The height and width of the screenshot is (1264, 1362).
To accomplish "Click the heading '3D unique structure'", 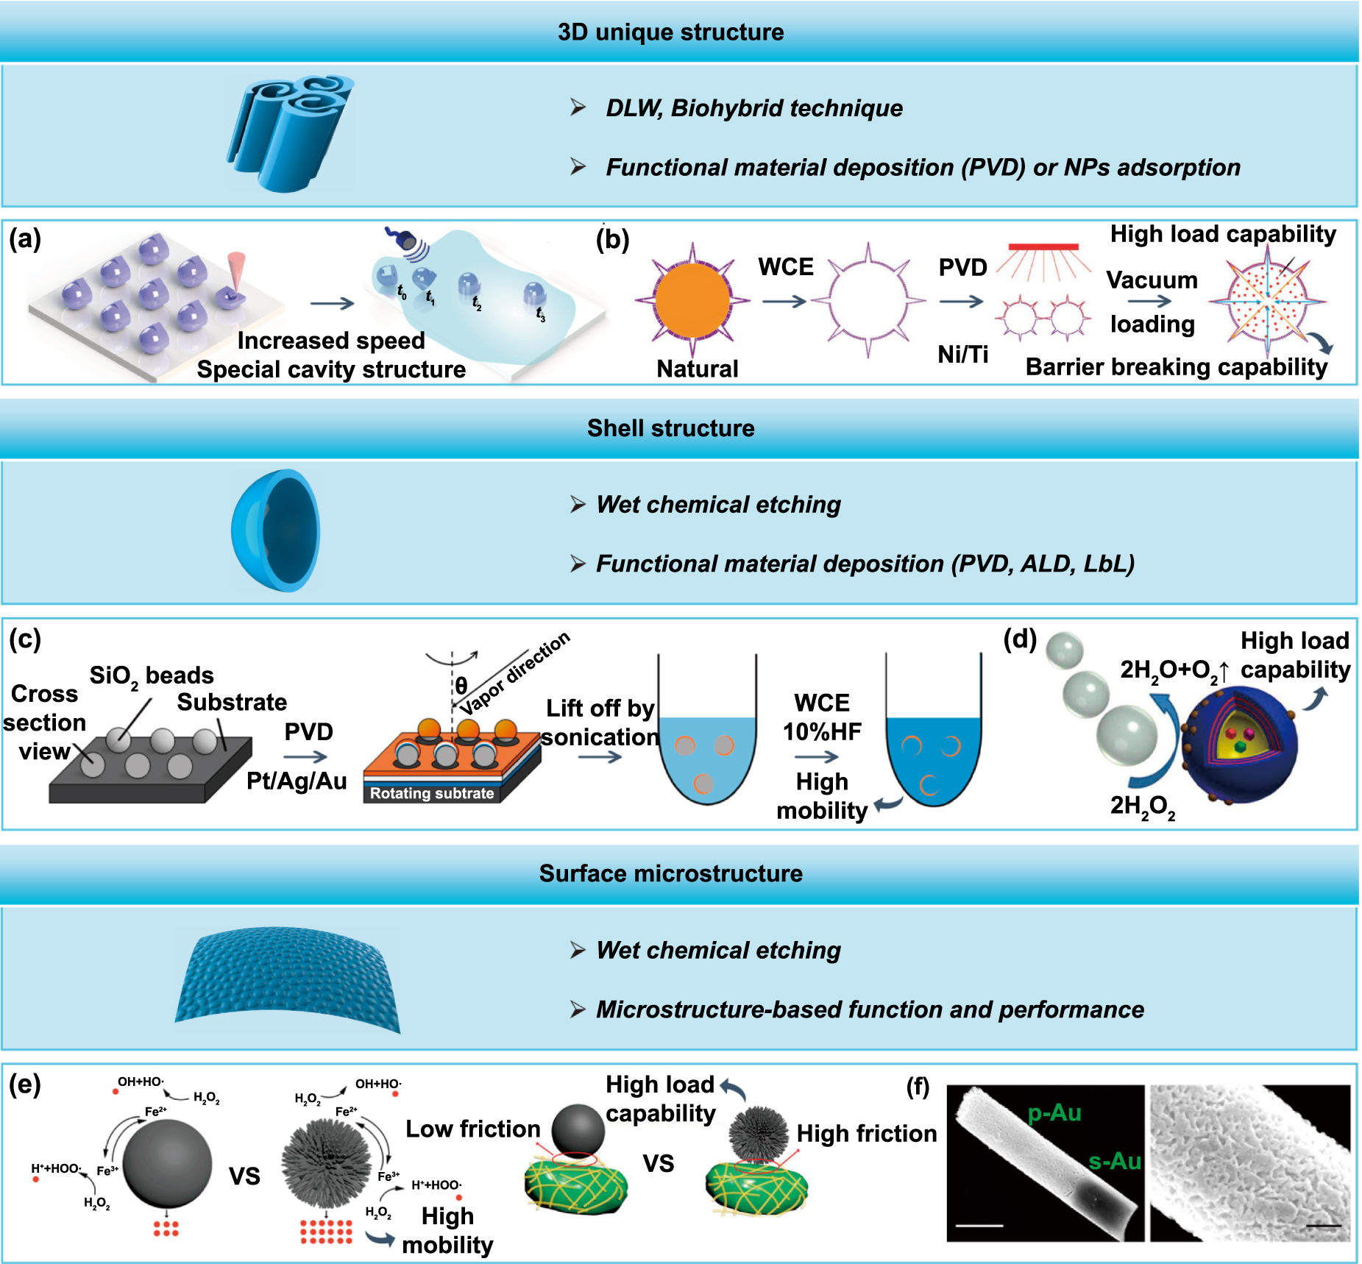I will (x=670, y=32).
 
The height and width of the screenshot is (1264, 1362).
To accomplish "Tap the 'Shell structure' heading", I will (x=670, y=428).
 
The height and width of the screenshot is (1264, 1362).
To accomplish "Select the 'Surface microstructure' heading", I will (x=670, y=873).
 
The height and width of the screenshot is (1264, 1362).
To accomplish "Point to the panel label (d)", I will (x=1020, y=639).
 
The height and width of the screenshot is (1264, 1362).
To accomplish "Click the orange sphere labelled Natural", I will (x=692, y=300).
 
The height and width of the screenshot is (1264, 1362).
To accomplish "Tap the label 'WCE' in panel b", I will (x=786, y=266).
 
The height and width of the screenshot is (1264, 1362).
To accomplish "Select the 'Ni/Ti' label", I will (x=962, y=355).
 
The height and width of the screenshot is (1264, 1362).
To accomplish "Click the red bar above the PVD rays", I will (x=1043, y=247).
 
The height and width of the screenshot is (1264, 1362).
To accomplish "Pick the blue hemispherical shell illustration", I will (x=276, y=530).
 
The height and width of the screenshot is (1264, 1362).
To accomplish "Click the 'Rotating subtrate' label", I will (x=432, y=793).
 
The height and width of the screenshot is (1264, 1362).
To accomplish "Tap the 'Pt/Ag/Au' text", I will (x=297, y=781).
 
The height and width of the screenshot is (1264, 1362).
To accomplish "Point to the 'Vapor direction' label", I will (x=515, y=673).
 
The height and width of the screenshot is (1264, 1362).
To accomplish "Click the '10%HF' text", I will (x=822, y=731).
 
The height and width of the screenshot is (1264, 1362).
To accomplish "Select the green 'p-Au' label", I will (x=1054, y=1112).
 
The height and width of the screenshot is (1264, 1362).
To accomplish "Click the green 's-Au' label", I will (x=1115, y=1161).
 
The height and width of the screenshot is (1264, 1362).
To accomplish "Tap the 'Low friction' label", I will (x=472, y=1129).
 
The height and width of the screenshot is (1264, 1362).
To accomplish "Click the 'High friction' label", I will (x=867, y=1133).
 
